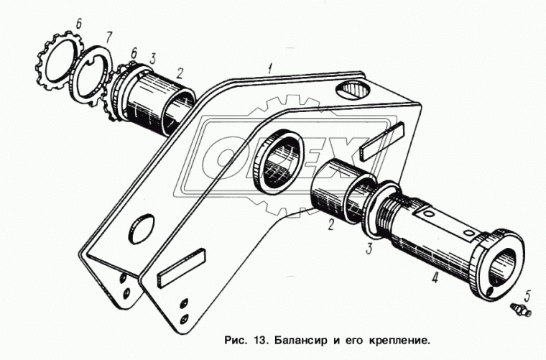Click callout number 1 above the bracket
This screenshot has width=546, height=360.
point(269,69)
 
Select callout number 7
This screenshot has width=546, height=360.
point(108,35)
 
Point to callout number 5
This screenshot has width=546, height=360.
point(527,294)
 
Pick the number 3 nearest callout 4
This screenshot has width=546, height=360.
point(369,249)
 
